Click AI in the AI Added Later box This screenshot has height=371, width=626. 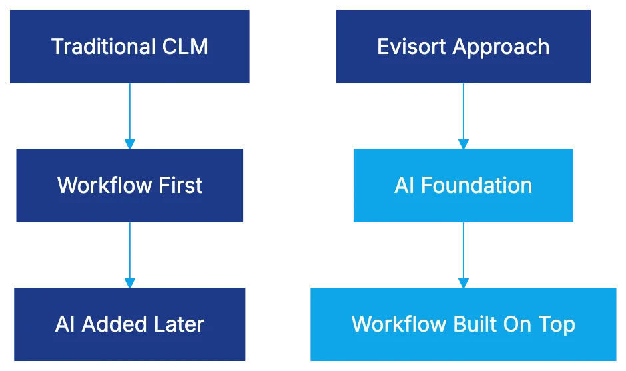(65, 324)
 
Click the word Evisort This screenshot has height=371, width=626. (411, 47)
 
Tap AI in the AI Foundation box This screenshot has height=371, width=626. (404, 185)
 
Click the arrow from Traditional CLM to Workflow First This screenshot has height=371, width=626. (131, 113)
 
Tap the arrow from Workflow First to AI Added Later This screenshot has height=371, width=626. (131, 252)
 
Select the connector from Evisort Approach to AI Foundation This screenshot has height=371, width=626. (464, 113)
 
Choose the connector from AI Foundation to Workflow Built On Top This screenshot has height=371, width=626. (464, 252)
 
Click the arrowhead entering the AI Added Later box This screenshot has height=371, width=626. (131, 282)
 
